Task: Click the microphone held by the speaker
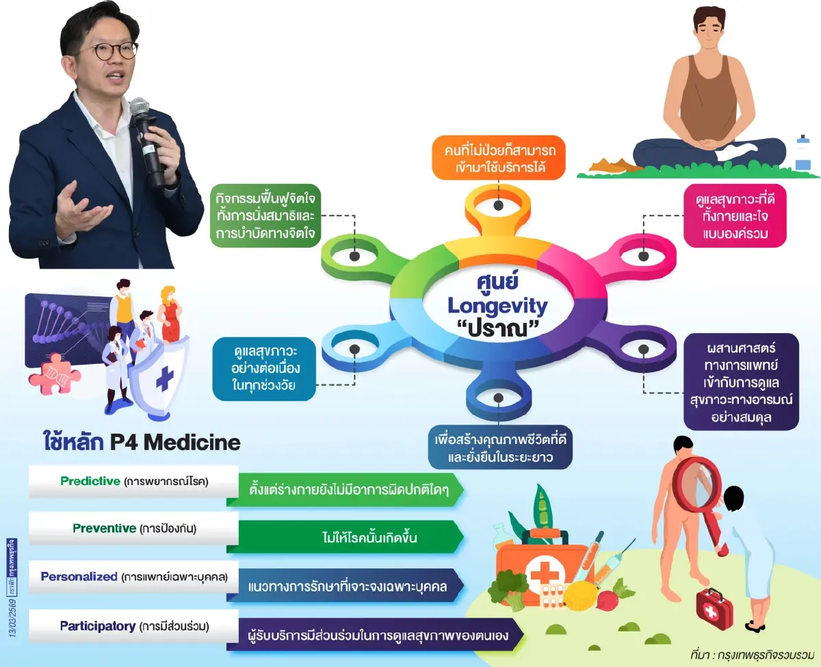[x=146, y=137]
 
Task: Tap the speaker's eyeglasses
[x=107, y=51]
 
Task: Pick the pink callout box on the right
[x=735, y=214]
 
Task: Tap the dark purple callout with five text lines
[x=741, y=381]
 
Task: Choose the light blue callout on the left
[x=264, y=369]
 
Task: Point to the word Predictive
[x=90, y=481]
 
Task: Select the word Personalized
[x=79, y=576]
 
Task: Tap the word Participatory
[x=97, y=625]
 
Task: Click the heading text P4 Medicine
[x=175, y=443]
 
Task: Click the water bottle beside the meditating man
[x=803, y=153]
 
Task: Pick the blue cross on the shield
[x=164, y=378]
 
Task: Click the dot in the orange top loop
[x=498, y=205]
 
